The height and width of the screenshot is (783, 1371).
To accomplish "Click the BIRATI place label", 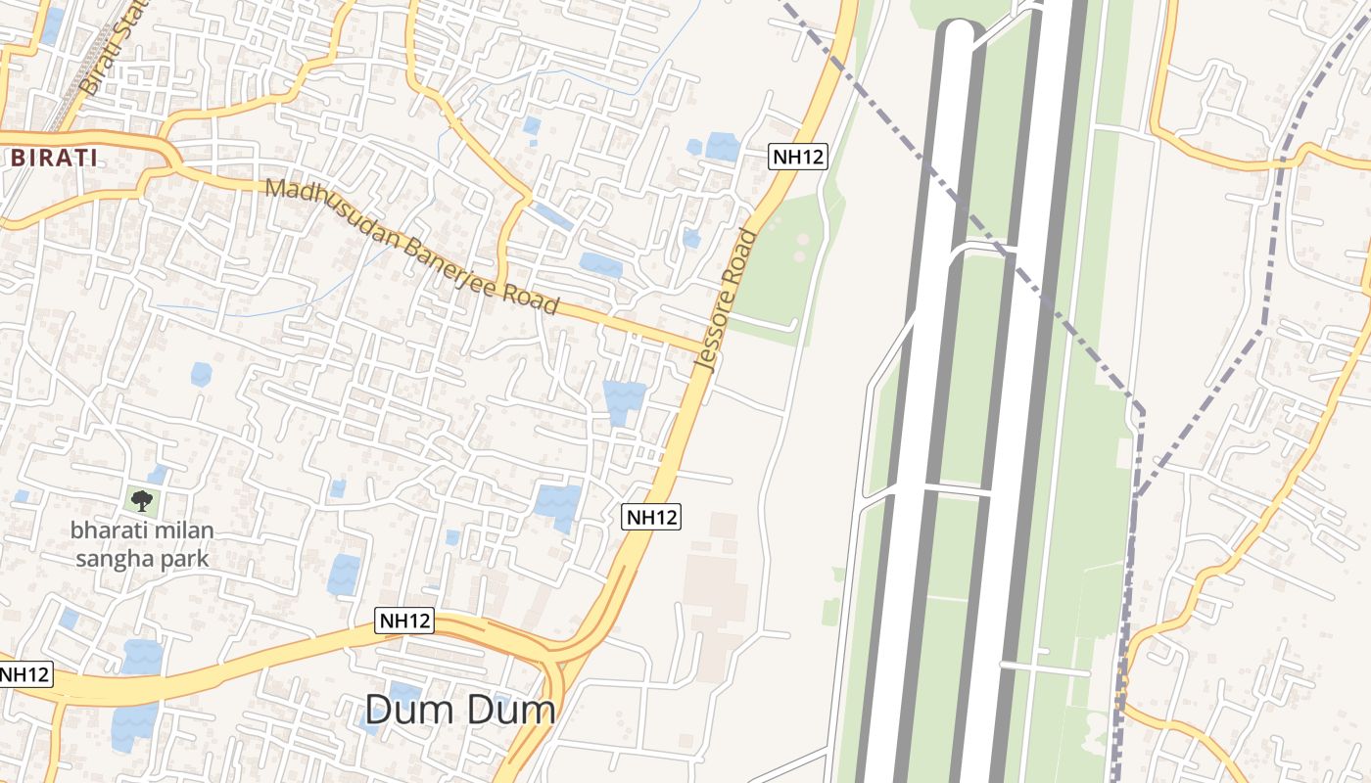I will click(x=53, y=158).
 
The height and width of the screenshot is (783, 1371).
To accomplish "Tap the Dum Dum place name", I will click(x=460, y=710).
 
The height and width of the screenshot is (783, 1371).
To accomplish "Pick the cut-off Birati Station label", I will click(x=113, y=49).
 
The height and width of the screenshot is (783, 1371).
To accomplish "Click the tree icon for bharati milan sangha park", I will click(x=142, y=501).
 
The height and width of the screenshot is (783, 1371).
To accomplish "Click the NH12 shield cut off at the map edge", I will click(x=24, y=674).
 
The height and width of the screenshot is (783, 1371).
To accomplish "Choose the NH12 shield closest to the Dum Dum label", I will click(x=405, y=620).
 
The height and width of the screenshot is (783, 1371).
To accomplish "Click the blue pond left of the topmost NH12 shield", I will click(x=723, y=147).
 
